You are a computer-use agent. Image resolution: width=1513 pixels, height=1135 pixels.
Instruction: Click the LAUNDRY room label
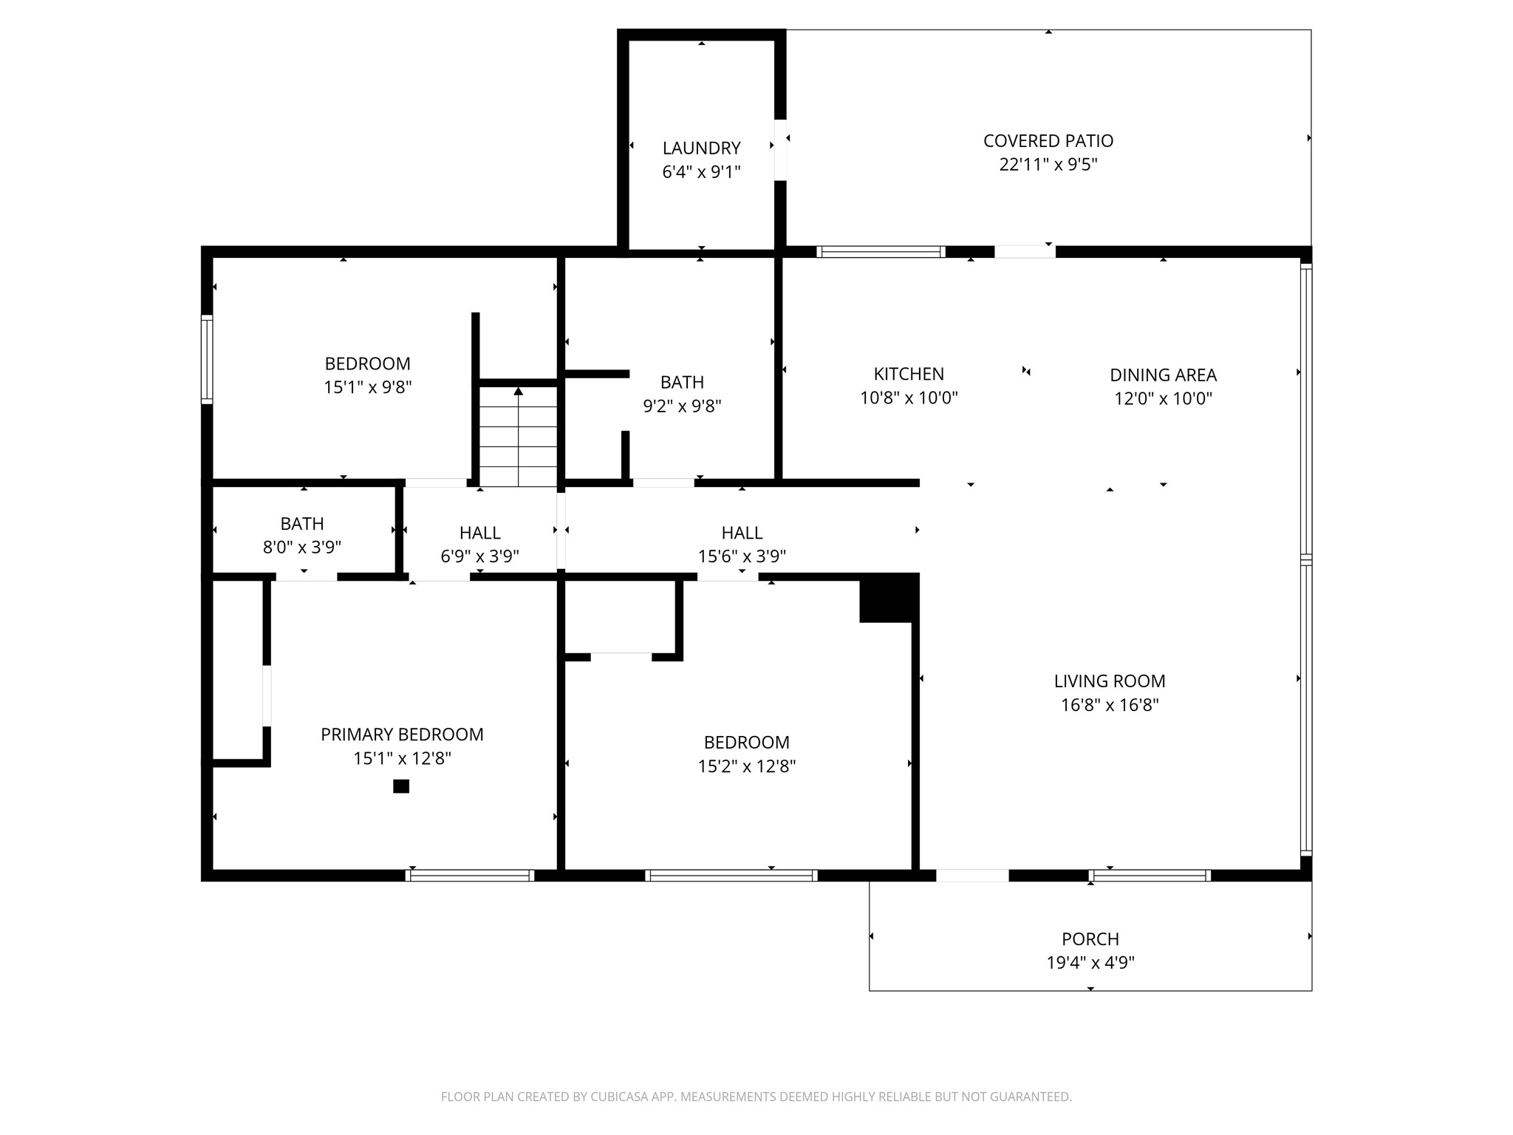pyautogui.click(x=701, y=148)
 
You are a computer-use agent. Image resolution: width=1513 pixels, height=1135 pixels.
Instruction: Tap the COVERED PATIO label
pyautogui.click(x=1048, y=140)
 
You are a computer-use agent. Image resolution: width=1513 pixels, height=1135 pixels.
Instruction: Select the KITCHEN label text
pyautogui.click(x=909, y=374)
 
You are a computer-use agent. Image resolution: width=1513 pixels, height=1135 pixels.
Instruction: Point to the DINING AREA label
pyautogui.click(x=1163, y=375)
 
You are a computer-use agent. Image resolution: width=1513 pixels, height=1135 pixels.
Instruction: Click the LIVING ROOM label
pyautogui.click(x=1110, y=681)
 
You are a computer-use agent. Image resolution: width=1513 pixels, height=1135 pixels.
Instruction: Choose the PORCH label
pyautogui.click(x=1090, y=938)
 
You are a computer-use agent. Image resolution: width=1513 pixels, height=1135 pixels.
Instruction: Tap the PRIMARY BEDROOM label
pyautogui.click(x=402, y=734)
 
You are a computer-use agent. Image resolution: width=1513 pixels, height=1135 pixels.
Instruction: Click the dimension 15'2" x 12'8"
pyautogui.click(x=746, y=766)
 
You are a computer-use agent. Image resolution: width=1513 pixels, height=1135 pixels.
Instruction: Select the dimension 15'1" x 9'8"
pyautogui.click(x=367, y=386)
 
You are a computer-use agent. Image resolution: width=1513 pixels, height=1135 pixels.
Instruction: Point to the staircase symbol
pyautogui.click(x=519, y=436)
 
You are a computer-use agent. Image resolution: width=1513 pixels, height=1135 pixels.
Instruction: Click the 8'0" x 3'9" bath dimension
pyautogui.click(x=301, y=547)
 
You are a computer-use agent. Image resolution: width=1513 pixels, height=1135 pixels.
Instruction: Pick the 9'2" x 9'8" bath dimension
pyautogui.click(x=682, y=405)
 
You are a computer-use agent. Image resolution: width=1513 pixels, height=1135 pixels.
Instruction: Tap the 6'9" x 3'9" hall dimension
pyautogui.click(x=479, y=556)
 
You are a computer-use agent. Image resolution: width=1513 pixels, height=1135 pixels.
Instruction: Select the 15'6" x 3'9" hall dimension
pyautogui.click(x=742, y=556)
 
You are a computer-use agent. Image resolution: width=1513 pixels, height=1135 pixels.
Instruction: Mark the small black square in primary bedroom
pyautogui.click(x=401, y=786)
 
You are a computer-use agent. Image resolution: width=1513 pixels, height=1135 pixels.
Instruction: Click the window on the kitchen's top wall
pyautogui.click(x=881, y=252)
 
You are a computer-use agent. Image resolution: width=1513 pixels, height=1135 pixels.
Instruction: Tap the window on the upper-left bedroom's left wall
pyautogui.click(x=208, y=360)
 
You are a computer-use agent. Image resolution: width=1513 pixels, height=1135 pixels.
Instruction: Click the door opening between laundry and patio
pyautogui.click(x=780, y=150)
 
